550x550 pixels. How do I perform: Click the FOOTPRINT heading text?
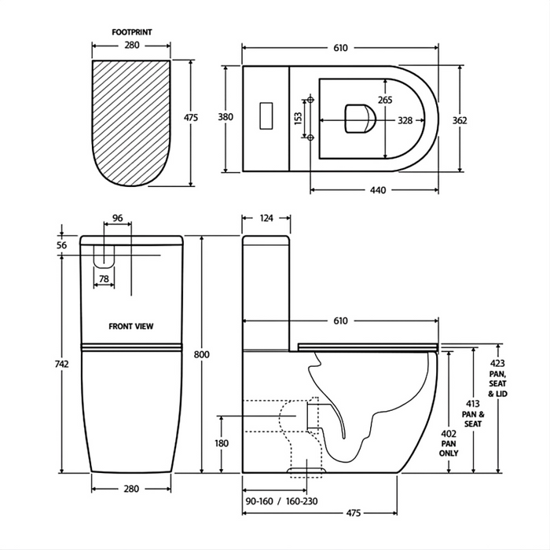click(131, 33)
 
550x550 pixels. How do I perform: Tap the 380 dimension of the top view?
click(226, 118)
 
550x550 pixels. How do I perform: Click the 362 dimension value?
click(460, 120)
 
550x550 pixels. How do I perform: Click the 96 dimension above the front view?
click(118, 218)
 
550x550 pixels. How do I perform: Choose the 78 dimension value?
click(104, 279)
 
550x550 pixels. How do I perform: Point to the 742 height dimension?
click(63, 364)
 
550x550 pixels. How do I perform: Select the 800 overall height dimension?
click(203, 355)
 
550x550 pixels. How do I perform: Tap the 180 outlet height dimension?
click(222, 444)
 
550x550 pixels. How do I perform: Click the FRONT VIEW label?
click(131, 324)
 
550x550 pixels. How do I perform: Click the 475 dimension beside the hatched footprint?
click(190, 118)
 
